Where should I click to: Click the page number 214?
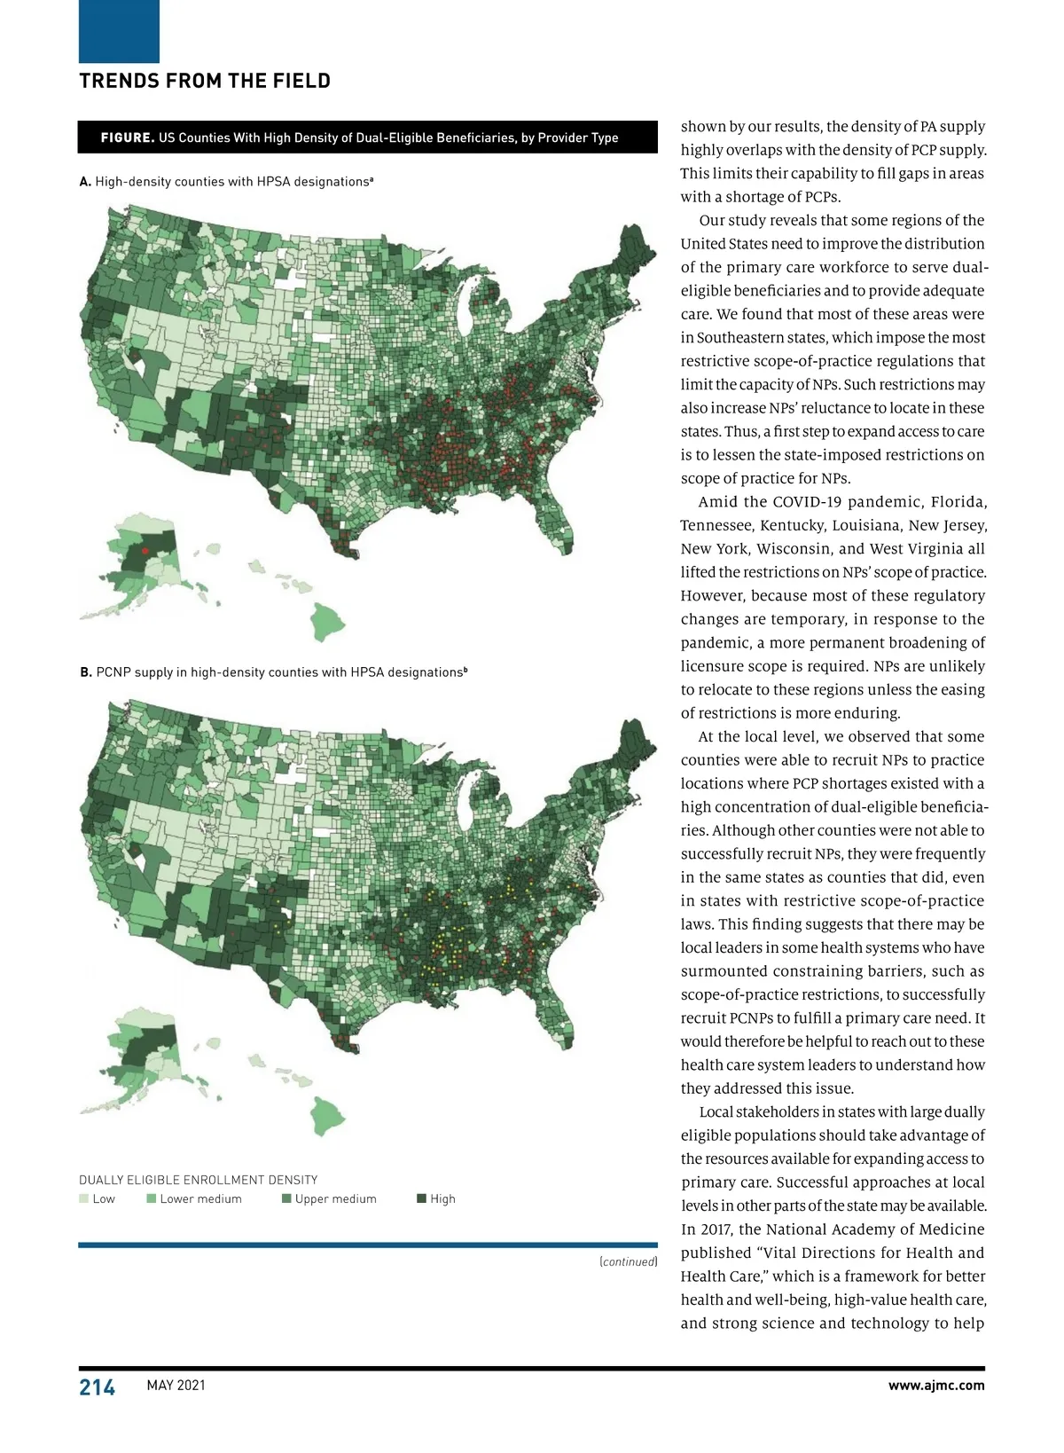click(x=98, y=1387)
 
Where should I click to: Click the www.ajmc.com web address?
click(x=935, y=1386)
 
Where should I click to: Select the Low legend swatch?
click(x=84, y=1199)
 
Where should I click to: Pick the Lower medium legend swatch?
click(x=152, y=1199)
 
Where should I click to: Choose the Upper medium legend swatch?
click(x=286, y=1199)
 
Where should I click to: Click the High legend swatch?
click(x=422, y=1199)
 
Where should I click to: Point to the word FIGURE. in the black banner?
click(x=128, y=137)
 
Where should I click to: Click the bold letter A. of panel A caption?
click(x=85, y=182)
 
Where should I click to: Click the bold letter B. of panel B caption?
click(x=86, y=672)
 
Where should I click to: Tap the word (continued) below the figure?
click(x=628, y=1261)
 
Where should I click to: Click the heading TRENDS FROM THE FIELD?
click(x=205, y=82)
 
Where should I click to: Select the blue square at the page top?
click(x=119, y=31)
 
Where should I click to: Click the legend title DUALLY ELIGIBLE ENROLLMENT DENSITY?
click(x=198, y=1180)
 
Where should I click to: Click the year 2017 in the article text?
click(x=700, y=1229)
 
